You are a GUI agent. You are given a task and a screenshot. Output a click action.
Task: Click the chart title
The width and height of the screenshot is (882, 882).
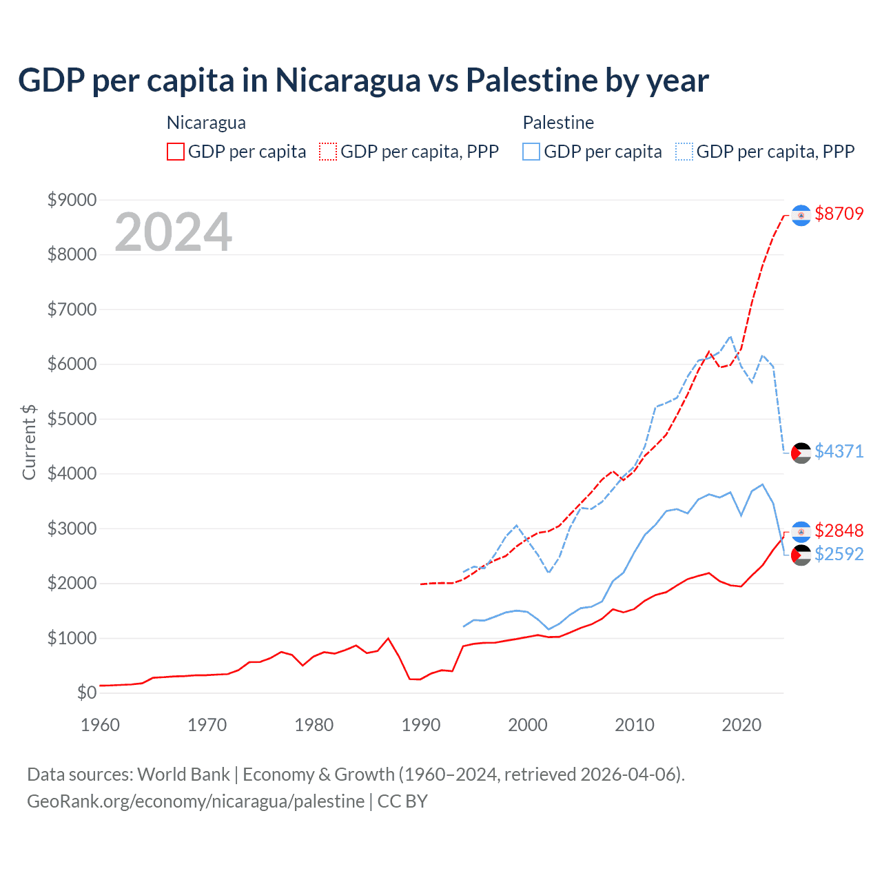363,80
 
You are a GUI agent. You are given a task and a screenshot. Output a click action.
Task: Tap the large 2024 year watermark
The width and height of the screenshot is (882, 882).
173,232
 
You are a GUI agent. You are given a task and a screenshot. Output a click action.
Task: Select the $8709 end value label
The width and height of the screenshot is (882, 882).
839,214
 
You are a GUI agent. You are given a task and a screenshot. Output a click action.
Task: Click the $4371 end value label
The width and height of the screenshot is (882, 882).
839,451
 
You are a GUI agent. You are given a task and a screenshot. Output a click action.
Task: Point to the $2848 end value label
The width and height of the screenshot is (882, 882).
839,531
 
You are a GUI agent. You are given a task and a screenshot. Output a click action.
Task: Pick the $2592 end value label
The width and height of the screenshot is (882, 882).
839,554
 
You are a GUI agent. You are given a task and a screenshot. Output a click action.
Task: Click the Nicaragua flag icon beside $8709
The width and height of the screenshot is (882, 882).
801,216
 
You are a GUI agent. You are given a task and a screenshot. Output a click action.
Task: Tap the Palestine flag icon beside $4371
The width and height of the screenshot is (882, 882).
801,453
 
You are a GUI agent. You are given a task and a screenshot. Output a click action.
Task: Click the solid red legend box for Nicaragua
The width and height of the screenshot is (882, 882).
176,152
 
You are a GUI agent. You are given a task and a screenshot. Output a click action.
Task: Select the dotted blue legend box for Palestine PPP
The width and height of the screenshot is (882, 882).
684,152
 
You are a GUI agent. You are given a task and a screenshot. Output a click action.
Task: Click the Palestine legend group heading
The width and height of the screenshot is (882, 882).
558,123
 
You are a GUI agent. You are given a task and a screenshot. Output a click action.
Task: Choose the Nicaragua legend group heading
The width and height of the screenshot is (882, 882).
206,123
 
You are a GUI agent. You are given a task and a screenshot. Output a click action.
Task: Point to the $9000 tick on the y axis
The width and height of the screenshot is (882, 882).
72,200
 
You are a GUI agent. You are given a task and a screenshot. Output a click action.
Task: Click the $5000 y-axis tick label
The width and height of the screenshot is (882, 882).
72,419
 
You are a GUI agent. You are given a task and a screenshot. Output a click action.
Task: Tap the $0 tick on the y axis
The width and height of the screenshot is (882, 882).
86,693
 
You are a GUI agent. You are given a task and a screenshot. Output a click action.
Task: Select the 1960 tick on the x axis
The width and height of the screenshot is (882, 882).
101,725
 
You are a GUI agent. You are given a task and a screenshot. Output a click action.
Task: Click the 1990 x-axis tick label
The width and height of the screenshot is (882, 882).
421,725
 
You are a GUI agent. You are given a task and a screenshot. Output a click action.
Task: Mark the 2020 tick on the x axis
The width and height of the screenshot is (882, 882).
741,725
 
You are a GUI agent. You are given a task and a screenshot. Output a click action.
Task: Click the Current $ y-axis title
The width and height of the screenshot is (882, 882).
29,442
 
